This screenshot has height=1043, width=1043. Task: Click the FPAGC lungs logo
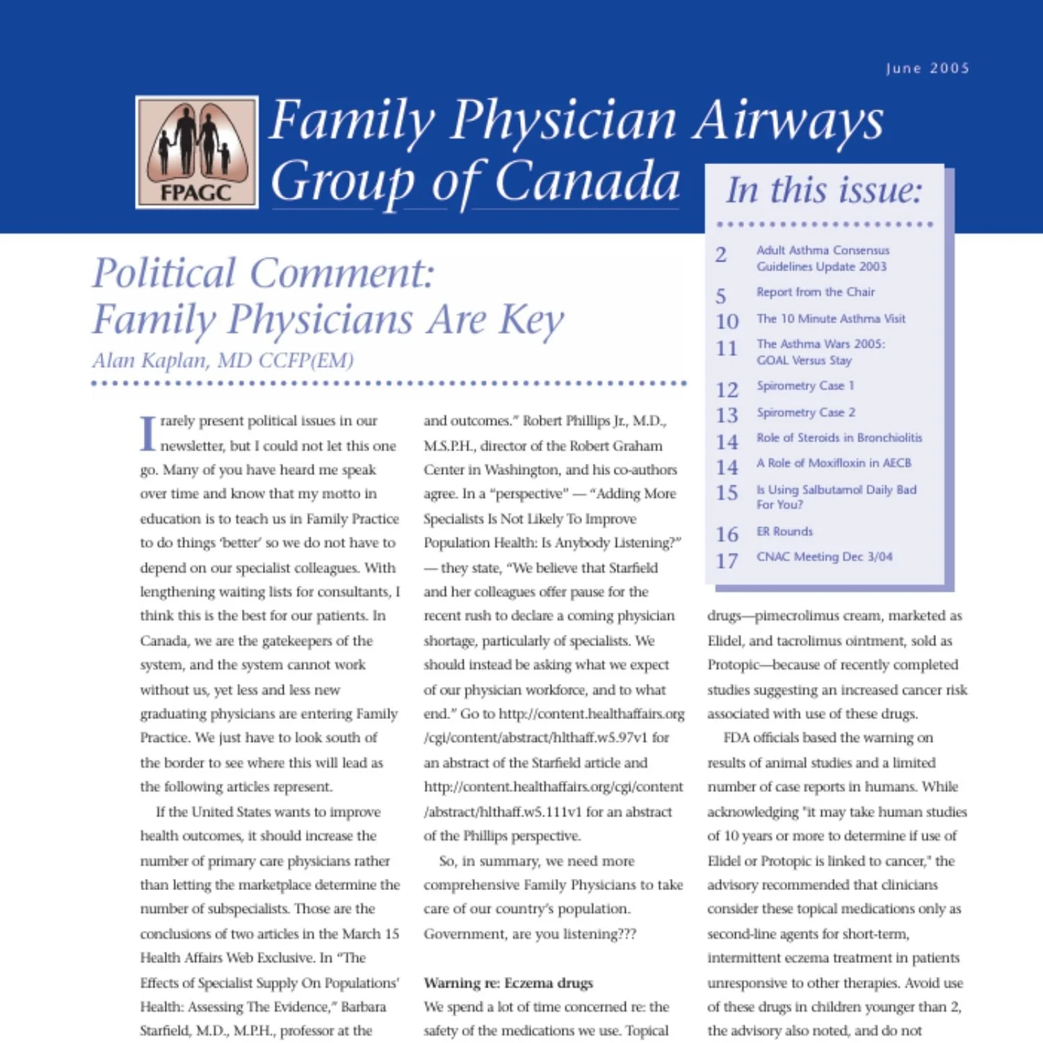[x=197, y=152]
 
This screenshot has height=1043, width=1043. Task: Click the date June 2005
[x=927, y=68]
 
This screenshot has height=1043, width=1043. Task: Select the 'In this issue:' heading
[x=824, y=190]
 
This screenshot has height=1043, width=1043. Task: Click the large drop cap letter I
[x=148, y=433]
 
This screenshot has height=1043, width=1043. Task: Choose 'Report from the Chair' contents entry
[x=815, y=292]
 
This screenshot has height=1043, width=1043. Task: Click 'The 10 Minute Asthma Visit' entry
[x=831, y=318]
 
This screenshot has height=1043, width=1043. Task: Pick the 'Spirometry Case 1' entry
[x=805, y=385]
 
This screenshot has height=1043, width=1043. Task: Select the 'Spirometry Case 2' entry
[x=806, y=412]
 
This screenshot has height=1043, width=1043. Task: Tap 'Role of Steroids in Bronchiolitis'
[x=839, y=437]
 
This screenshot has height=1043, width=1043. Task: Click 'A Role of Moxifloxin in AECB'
[x=834, y=463]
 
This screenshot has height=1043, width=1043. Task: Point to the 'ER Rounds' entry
[x=784, y=531]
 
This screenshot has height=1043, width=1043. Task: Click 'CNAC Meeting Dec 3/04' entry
[x=824, y=556]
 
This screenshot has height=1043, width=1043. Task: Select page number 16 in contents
[x=727, y=534]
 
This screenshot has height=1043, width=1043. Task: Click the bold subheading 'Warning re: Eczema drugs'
[x=508, y=983]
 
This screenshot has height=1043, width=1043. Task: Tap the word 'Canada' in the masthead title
[x=587, y=181]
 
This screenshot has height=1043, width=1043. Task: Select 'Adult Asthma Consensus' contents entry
[x=823, y=250]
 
